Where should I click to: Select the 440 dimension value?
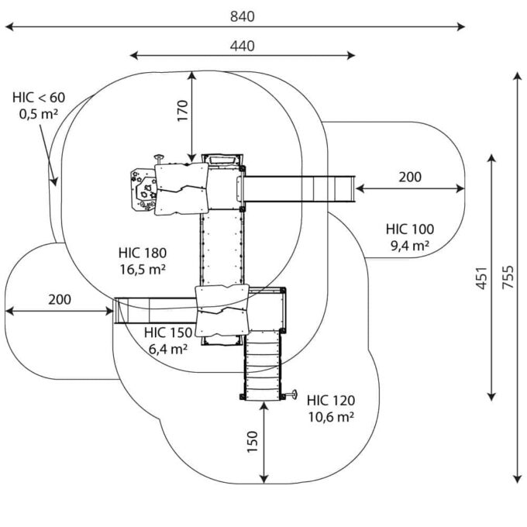[242, 46]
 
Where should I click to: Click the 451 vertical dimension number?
[481, 277]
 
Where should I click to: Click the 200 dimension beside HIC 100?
[410, 177]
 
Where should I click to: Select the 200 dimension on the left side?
[60, 299]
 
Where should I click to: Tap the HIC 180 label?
[143, 253]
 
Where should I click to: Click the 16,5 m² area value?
[144, 269]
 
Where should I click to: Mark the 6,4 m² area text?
[168, 349]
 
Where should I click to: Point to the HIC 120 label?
[330, 401]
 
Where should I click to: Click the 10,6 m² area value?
[330, 417]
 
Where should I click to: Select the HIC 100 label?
[410, 229]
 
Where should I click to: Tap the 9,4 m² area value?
[410, 246]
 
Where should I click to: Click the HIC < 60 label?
[39, 98]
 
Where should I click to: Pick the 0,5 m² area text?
[39, 114]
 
